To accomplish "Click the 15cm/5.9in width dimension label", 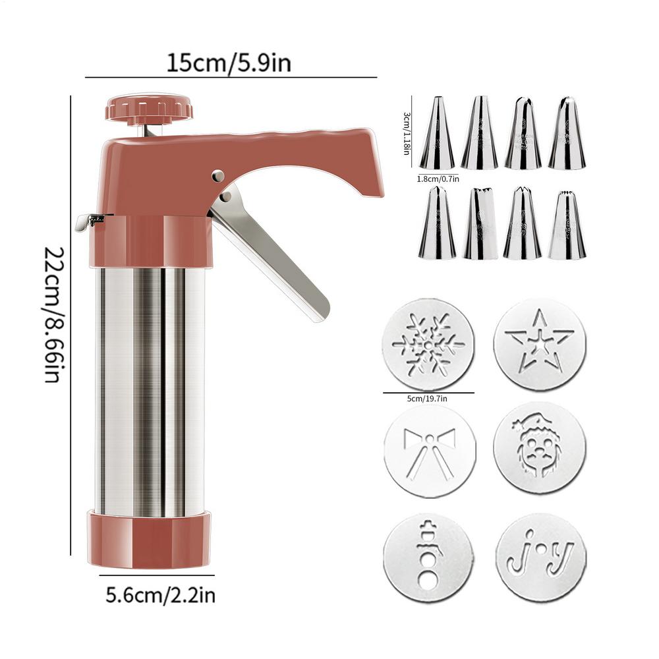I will pos(229,63).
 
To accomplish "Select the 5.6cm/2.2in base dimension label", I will pos(160,596).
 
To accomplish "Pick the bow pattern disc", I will pos(428,451).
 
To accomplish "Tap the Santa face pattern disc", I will pos(540,451).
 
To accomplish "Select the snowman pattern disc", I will pos(428,558).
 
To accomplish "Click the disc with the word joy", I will pos(540,558).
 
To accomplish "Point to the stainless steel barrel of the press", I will pos(149,389).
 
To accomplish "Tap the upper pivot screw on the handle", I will pos(217,176).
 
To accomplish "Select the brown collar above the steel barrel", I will pos(149,241).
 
